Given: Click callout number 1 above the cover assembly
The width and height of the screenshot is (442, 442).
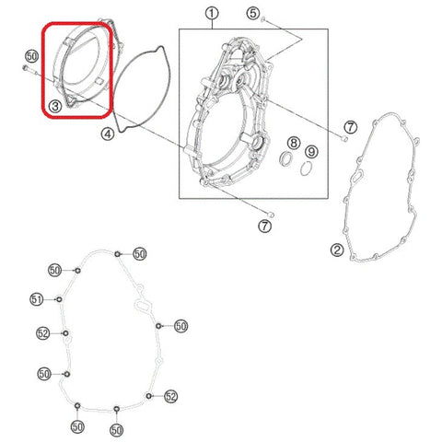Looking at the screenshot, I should pyautogui.click(x=212, y=13).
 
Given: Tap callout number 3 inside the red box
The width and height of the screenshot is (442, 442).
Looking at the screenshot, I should pyautogui.click(x=56, y=107).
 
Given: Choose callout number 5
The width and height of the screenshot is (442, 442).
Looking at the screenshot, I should pyautogui.click(x=253, y=13).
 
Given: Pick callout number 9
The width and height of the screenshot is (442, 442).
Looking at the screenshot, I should pyautogui.click(x=311, y=151).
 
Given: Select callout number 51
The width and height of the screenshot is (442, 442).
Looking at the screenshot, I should pyautogui.click(x=37, y=299).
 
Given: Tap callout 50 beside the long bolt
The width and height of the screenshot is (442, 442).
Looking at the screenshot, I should pyautogui.click(x=32, y=57).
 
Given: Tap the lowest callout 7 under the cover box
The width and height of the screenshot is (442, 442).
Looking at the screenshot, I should pyautogui.click(x=264, y=226).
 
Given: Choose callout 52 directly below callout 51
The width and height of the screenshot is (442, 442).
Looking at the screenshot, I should pyautogui.click(x=42, y=333).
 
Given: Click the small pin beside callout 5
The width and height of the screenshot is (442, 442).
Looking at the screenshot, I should pyautogui.click(x=263, y=20).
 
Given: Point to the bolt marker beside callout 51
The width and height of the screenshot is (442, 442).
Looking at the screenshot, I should pyautogui.click(x=59, y=299).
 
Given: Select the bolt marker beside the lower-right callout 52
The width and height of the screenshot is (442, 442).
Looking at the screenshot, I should pyautogui.click(x=147, y=396).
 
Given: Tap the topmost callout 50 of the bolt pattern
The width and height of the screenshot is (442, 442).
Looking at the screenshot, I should pyautogui.click(x=140, y=252).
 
